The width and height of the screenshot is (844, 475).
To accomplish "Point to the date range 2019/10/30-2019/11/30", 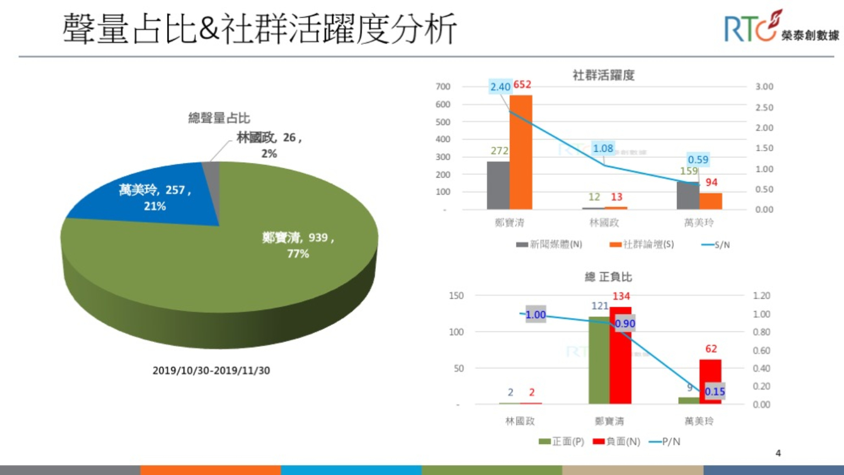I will click(x=211, y=371).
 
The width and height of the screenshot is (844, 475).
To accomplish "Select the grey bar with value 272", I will click(x=498, y=185).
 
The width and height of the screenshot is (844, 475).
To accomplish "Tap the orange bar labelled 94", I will click(x=710, y=201).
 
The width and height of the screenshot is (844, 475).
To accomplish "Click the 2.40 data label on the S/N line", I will click(x=500, y=87).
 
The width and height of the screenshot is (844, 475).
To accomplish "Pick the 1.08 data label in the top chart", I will click(x=603, y=148).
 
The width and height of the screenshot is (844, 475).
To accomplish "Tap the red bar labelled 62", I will click(x=710, y=382).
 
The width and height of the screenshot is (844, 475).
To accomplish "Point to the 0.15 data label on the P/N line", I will click(x=715, y=391).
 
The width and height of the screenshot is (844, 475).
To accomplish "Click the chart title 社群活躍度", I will click(x=603, y=75).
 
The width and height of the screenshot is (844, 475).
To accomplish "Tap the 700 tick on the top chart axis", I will click(x=443, y=87).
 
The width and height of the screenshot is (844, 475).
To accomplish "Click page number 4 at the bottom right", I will click(x=778, y=453).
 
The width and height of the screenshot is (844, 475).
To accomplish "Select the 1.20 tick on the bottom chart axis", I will click(x=761, y=296).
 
